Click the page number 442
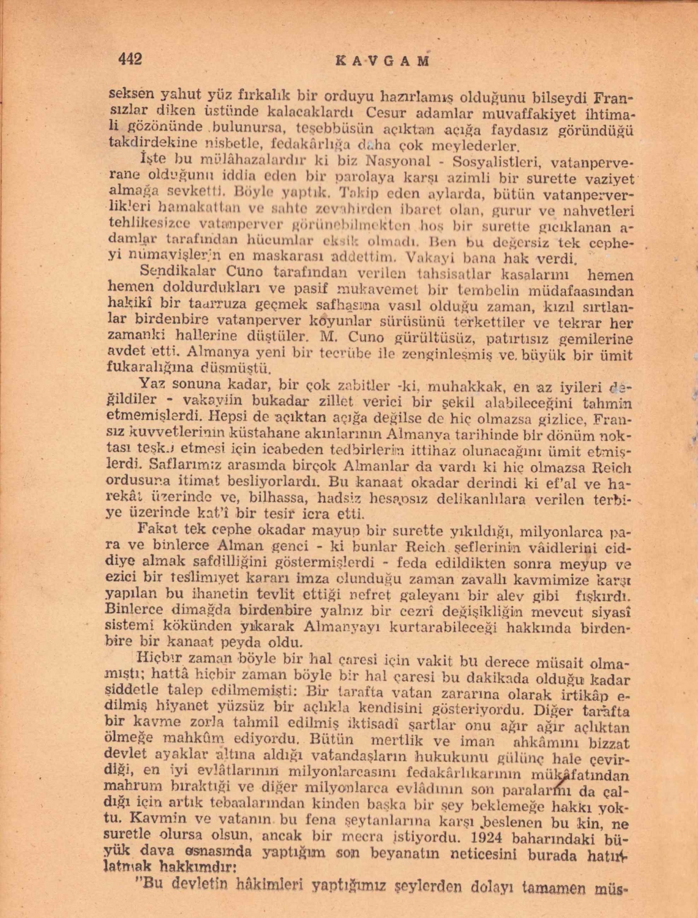[130, 59]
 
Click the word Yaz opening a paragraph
[149, 384]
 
